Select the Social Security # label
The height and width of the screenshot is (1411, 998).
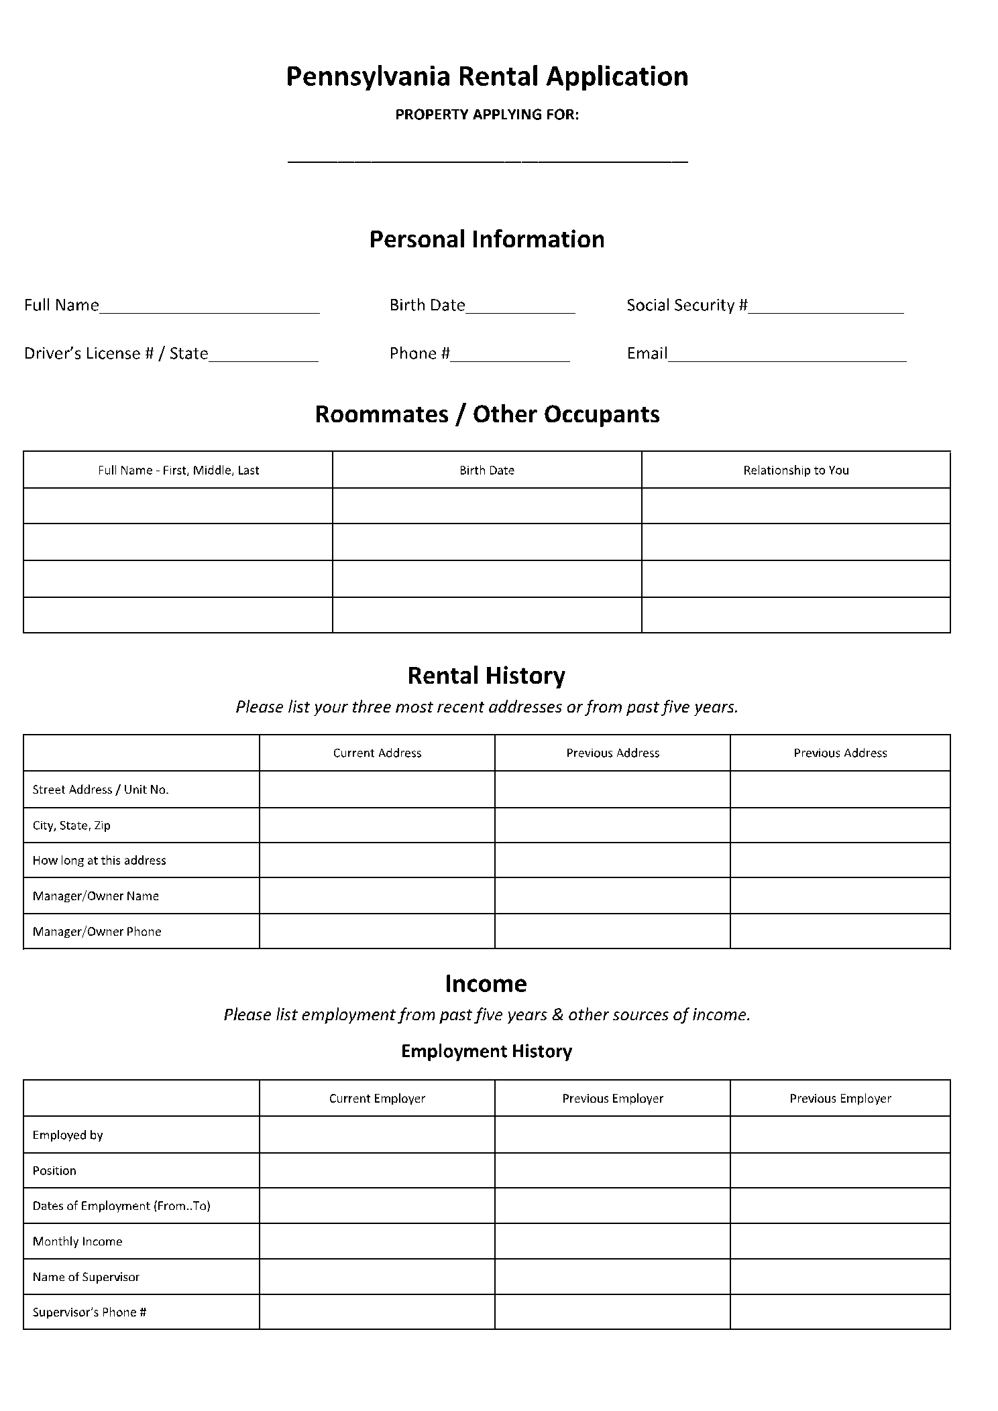coord(687,306)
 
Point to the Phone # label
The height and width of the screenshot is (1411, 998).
coord(419,354)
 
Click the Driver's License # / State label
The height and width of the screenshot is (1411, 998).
coord(116,354)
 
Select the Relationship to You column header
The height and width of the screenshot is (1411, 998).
coord(795,471)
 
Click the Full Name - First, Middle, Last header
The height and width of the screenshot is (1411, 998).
coord(178,471)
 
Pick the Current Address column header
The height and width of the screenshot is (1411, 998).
coord(377,753)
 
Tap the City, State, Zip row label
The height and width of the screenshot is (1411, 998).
coord(72,826)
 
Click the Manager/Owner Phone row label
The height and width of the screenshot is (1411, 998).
coord(97,932)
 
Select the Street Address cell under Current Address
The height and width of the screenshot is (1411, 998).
coord(377,790)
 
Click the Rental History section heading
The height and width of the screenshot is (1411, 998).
coord(486,676)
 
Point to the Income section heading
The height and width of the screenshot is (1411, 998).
coord(486,984)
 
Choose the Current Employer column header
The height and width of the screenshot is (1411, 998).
coord(377,1099)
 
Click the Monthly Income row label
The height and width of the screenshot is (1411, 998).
coord(78,1241)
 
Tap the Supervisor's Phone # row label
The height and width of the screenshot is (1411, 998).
coord(89,1312)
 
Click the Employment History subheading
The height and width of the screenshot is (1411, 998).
coord(486,1051)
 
